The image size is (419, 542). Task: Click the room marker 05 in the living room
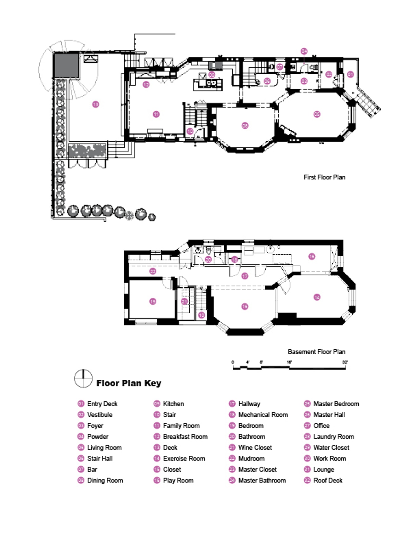click(317, 114)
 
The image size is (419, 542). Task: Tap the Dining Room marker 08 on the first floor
click(245, 126)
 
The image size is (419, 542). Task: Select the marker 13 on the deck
click(96, 104)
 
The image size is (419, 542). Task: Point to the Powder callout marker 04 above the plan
click(304, 51)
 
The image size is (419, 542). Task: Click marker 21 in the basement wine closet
click(184, 301)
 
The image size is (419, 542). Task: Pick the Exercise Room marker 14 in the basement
click(317, 297)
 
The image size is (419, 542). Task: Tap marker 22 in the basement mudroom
click(153, 271)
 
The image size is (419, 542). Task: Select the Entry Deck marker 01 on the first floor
click(350, 74)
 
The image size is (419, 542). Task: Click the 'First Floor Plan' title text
click(324, 177)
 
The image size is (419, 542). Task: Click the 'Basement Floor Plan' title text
click(316, 352)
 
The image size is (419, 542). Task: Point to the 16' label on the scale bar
click(289, 362)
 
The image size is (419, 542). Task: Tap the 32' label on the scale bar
click(345, 362)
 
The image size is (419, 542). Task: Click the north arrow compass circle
click(83, 378)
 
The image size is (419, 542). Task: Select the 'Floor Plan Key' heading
click(129, 383)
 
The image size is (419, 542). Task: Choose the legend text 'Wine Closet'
click(255, 448)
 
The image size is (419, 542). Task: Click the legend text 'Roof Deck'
click(328, 480)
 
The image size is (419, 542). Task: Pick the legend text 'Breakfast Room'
click(185, 437)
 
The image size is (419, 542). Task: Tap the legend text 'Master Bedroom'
click(336, 404)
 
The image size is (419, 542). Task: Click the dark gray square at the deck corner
click(66, 66)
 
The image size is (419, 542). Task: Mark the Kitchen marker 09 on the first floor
click(212, 75)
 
